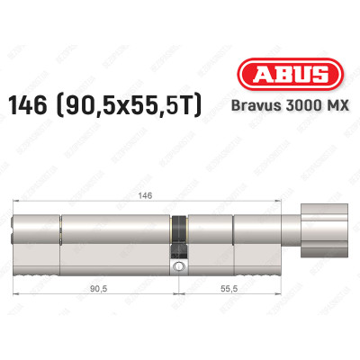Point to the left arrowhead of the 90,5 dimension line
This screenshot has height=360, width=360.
[14, 301]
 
